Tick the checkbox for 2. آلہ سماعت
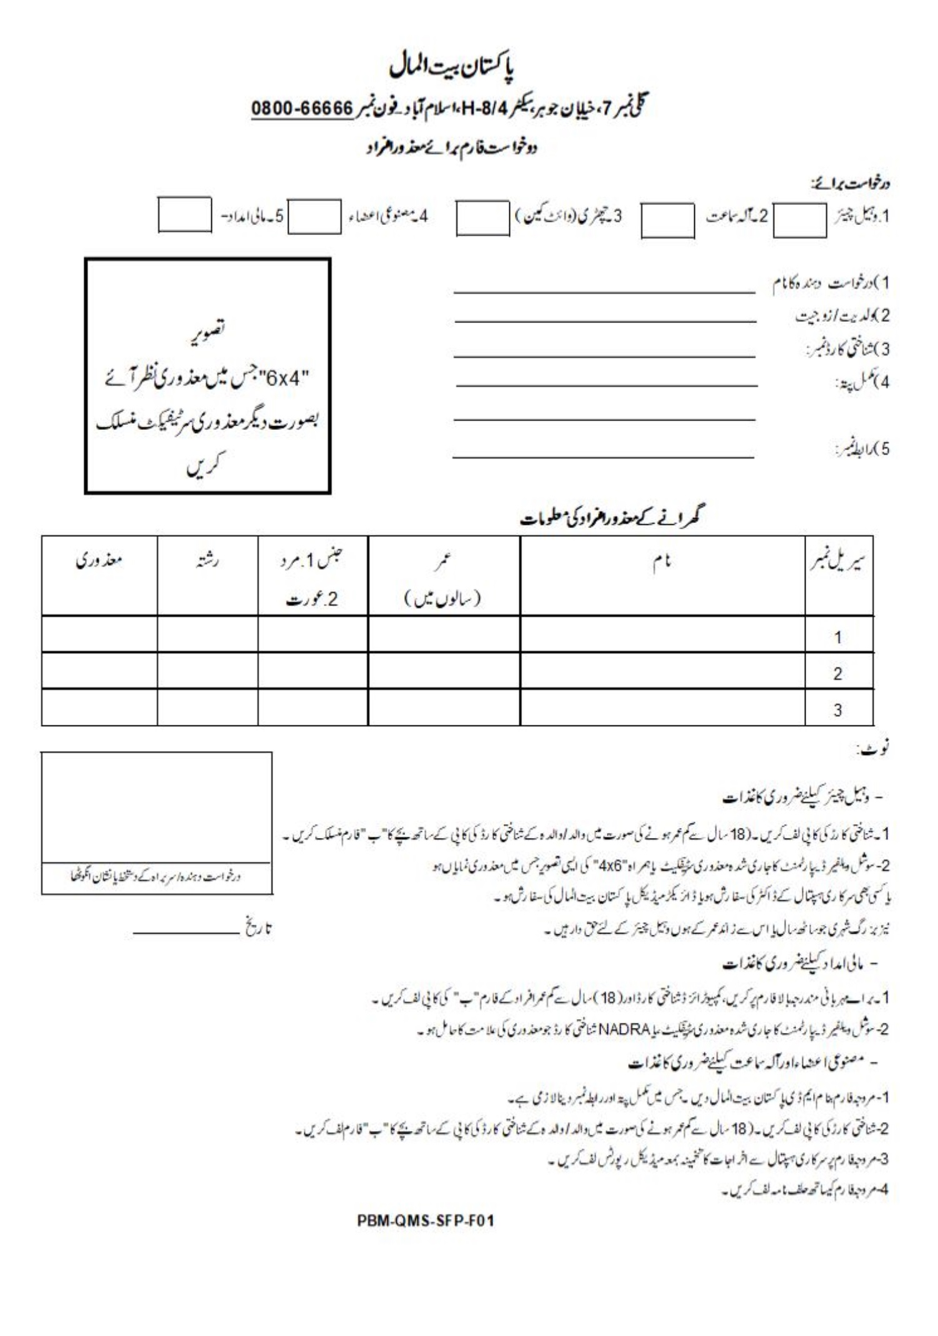(667, 221)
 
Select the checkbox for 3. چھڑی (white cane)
(482, 218)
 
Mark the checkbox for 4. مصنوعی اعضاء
(314, 216)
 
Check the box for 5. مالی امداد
(184, 215)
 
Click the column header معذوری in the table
(99, 560)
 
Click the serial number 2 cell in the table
(837, 674)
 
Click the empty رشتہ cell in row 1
(207, 635)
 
